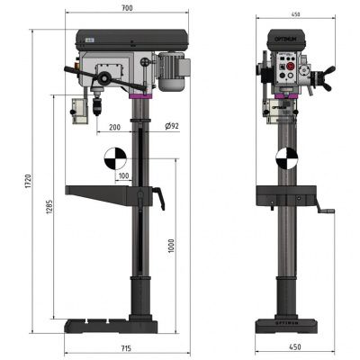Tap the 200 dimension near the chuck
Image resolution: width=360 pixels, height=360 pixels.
pyautogui.click(x=114, y=128)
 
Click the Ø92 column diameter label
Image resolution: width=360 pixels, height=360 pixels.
pyautogui.click(x=171, y=128)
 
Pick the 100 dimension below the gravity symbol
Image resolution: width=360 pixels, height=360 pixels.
pyautogui.click(x=123, y=175)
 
